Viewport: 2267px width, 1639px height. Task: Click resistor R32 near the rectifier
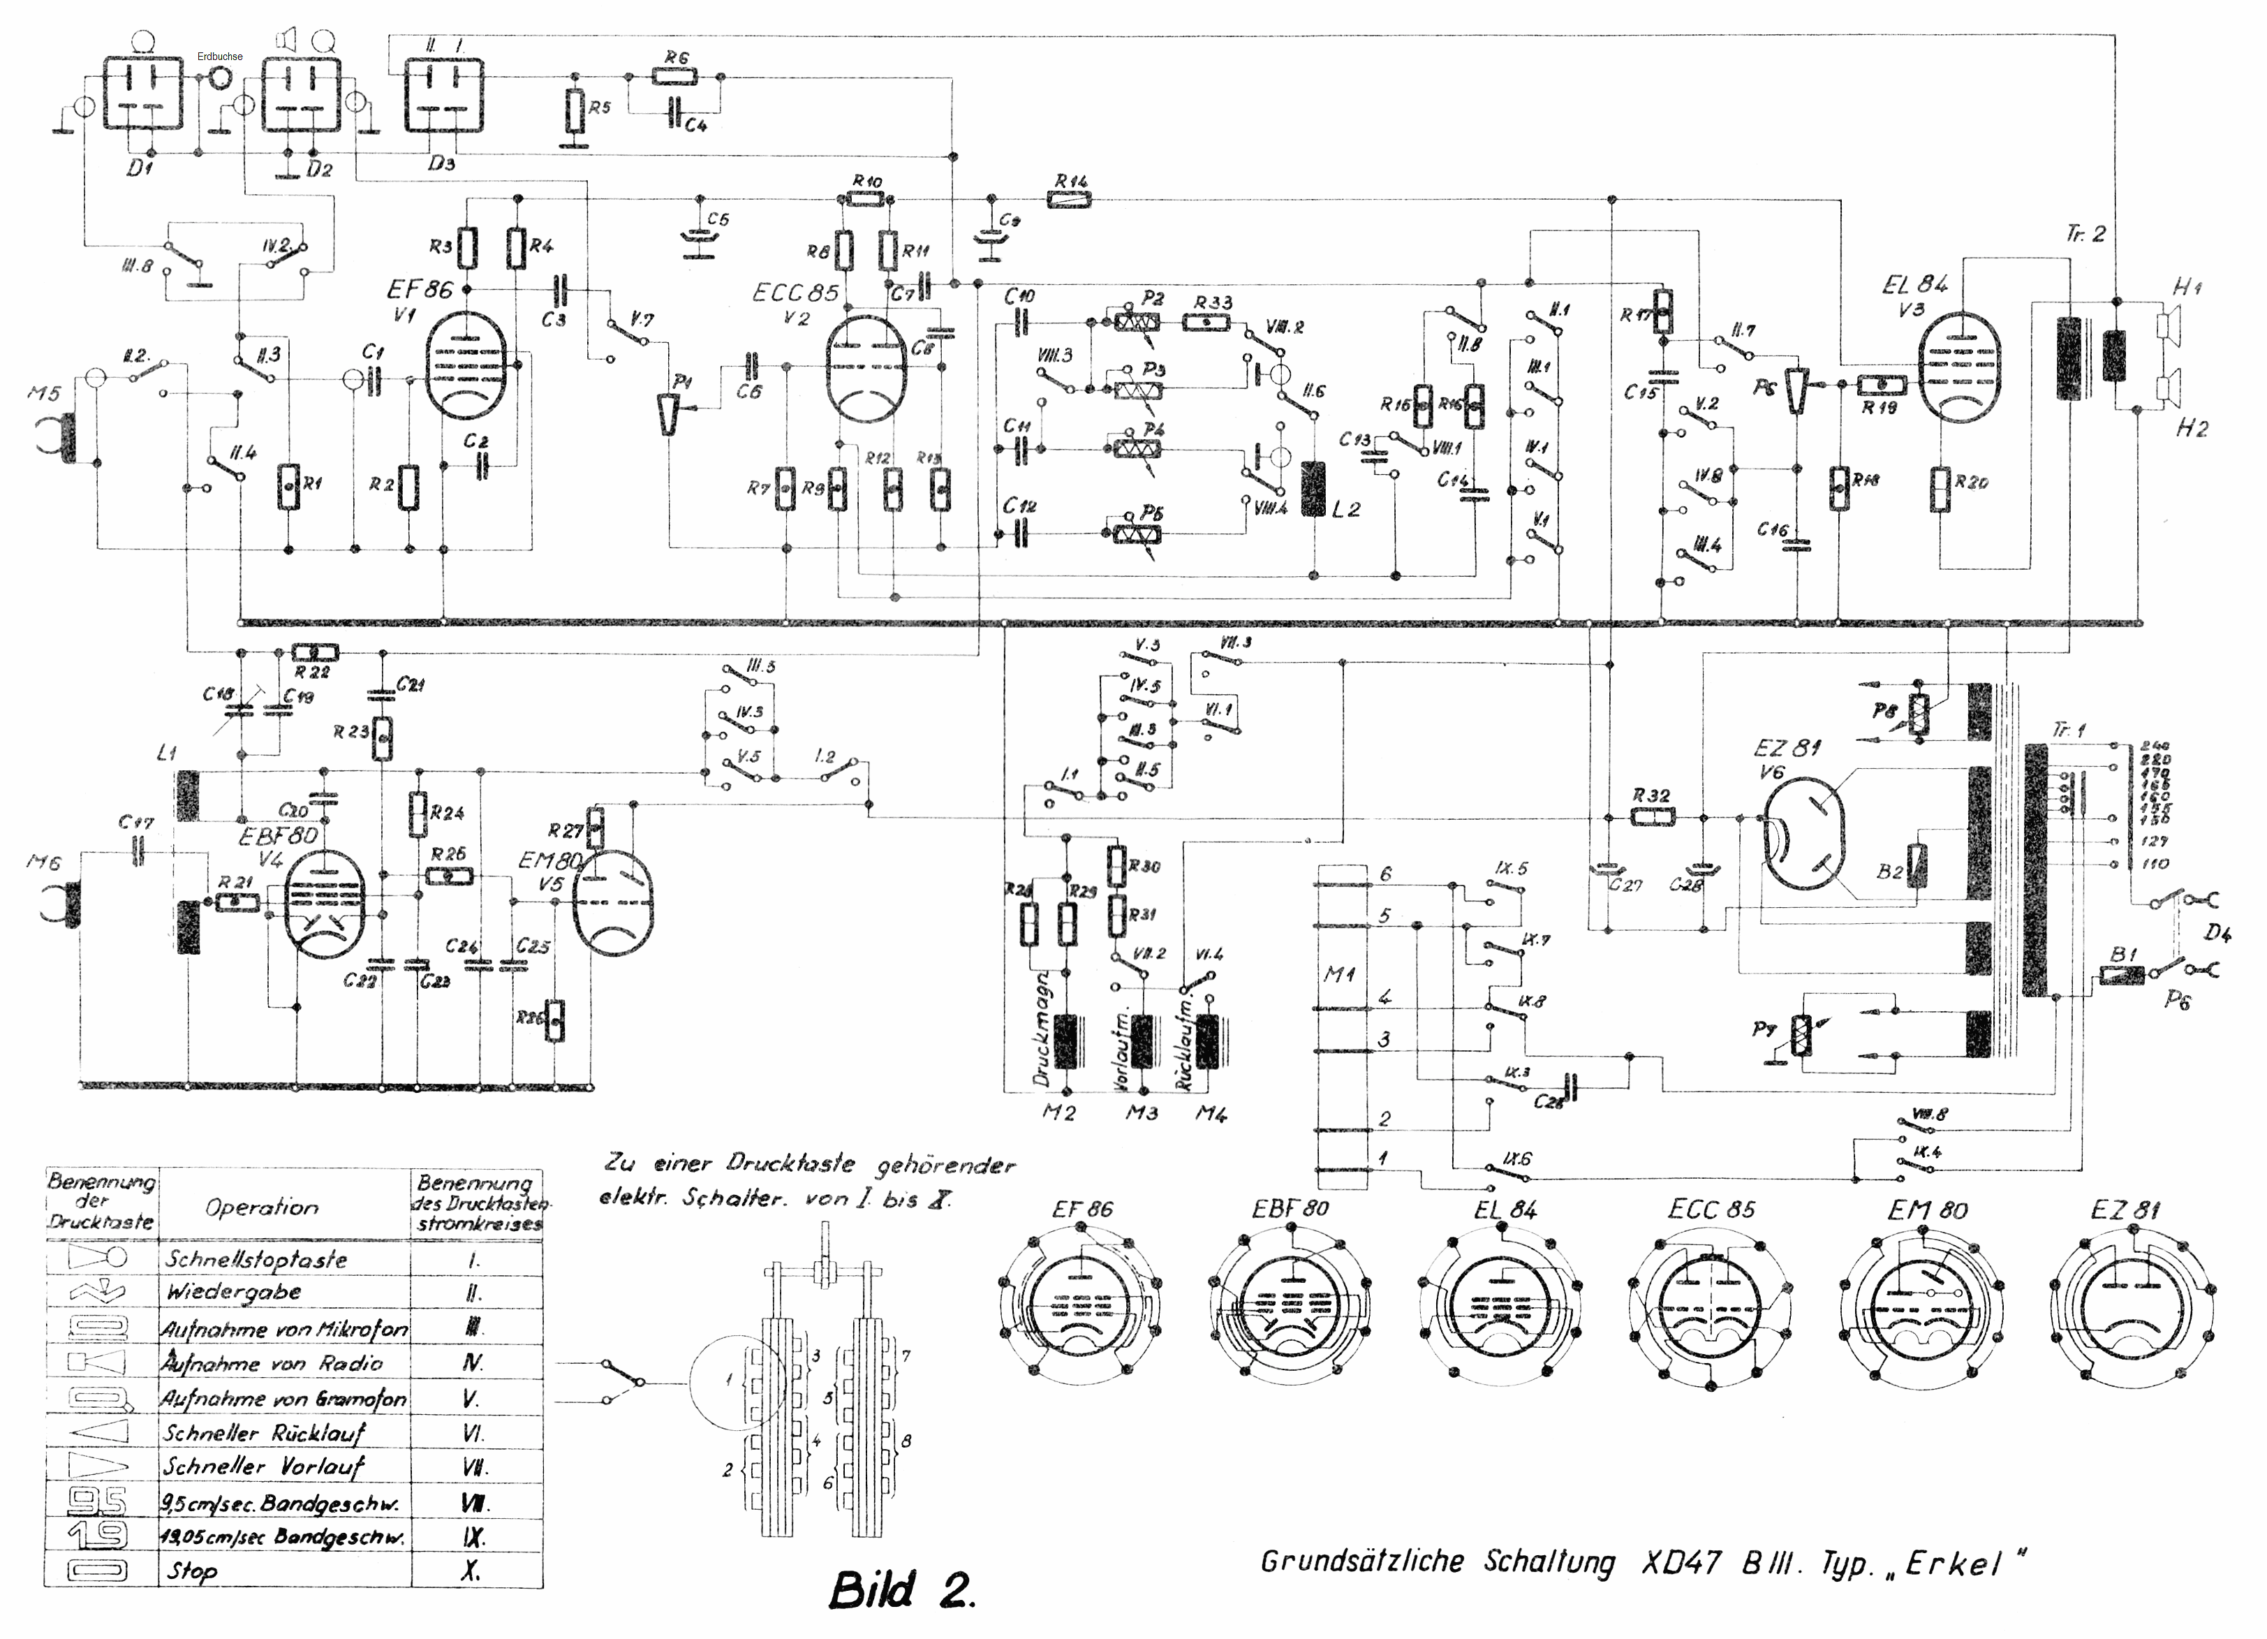pyautogui.click(x=1653, y=817)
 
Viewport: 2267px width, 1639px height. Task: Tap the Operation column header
pyautogui.click(x=262, y=1207)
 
